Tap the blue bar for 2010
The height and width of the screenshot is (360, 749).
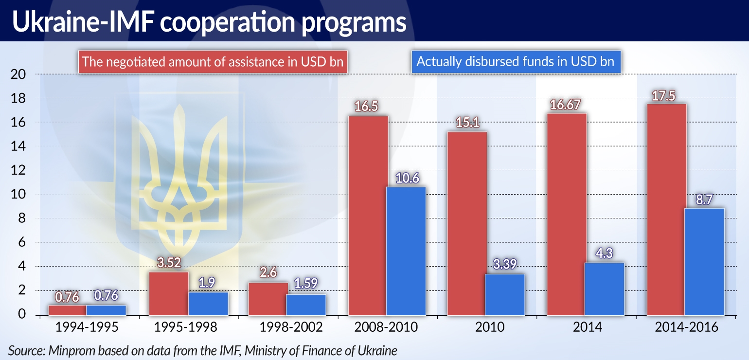point(505,294)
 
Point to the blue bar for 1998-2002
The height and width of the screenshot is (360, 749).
point(306,305)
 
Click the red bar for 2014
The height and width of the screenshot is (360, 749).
point(567,214)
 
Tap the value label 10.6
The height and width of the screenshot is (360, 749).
point(406,179)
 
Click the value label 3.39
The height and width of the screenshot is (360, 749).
point(505,265)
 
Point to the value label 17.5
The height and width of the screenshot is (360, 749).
point(666,95)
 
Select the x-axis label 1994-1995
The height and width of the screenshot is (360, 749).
point(87,327)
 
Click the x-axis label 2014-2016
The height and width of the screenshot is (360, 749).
point(686,327)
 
